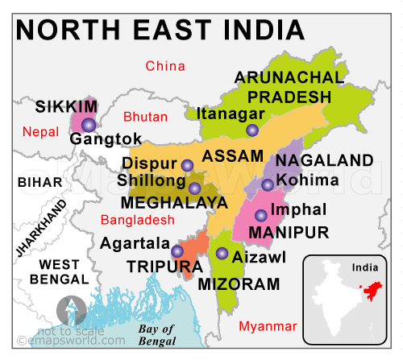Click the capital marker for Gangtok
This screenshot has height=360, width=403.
tap(88, 124)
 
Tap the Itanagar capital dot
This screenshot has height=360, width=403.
tap(252, 130)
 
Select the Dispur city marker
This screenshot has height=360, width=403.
tap(187, 165)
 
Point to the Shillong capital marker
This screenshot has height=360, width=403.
tap(194, 188)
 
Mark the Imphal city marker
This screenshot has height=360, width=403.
tap(261, 215)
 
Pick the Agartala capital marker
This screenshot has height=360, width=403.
tap(177, 250)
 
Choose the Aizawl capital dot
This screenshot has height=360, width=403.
tap(222, 254)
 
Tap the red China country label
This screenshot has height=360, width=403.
tap(164, 65)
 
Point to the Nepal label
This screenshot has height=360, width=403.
tap(40, 131)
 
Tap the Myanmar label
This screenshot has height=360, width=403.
tap(268, 326)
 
